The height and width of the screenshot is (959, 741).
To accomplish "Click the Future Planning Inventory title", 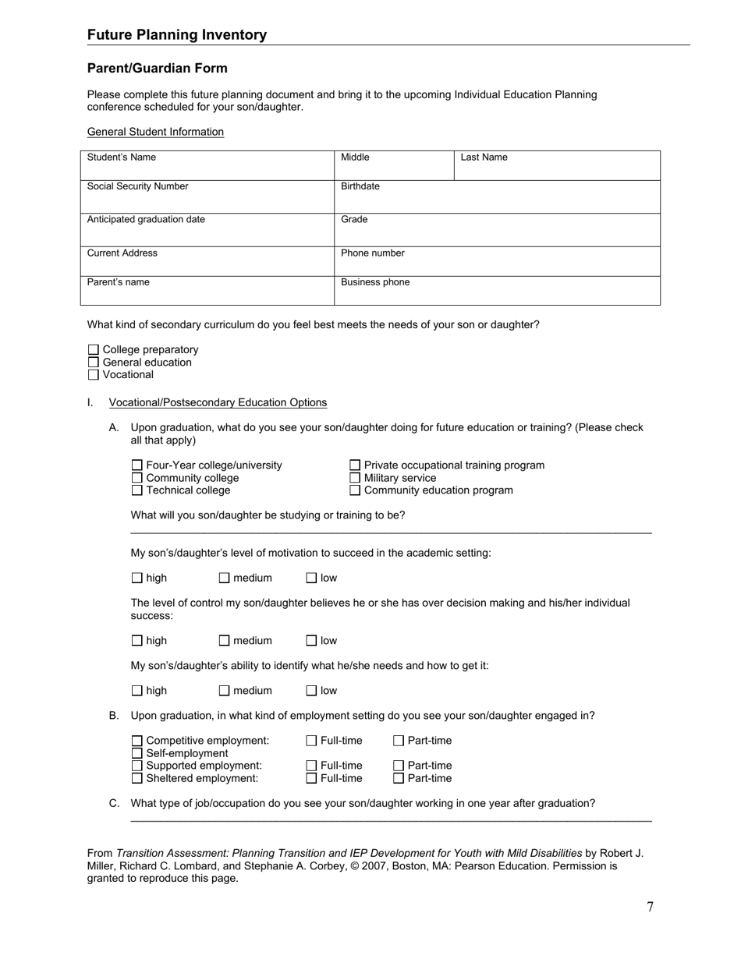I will [x=176, y=35].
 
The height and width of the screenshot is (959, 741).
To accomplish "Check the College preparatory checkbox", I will [x=94, y=350].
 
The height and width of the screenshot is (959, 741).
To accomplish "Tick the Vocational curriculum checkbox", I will [x=94, y=375].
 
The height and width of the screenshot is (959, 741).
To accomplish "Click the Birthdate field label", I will [x=360, y=187].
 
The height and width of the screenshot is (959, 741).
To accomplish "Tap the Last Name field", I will [x=557, y=165].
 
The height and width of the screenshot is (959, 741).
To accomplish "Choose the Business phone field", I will [x=497, y=290].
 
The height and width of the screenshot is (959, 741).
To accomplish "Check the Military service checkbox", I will [x=355, y=478].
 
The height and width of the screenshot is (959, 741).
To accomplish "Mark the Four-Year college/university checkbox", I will [x=137, y=465].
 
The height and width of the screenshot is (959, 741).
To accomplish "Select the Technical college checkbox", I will [x=137, y=490].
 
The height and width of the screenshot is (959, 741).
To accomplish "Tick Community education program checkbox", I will [x=355, y=490].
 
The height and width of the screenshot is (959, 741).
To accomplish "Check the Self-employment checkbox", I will [x=137, y=753].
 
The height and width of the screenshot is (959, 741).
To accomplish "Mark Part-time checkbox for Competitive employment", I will [x=399, y=741].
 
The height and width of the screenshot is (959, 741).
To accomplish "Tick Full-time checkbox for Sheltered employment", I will [x=311, y=778].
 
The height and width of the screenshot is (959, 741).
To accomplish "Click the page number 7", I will [x=650, y=907].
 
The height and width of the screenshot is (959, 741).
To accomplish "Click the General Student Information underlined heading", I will [x=155, y=133].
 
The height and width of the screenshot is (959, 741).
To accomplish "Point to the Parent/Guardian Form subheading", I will [x=158, y=69].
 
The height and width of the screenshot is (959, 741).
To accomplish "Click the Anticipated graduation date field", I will [x=207, y=229].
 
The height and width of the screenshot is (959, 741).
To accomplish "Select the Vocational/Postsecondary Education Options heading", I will [x=218, y=403].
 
